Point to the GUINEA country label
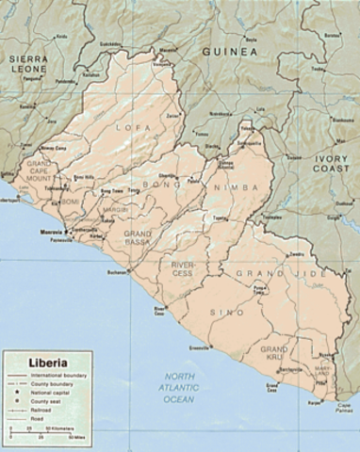pyautogui.click(x=226, y=53)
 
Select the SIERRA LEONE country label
pyautogui.click(x=28, y=64)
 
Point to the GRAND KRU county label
pyautogui.click(x=274, y=354)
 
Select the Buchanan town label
pyautogui.click(x=117, y=273)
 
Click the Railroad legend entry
pyautogui.click(x=38, y=412)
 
